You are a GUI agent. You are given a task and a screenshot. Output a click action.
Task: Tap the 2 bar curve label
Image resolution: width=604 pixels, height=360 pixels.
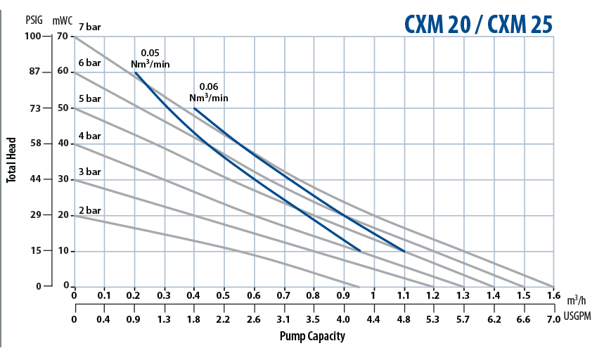(x=90, y=210)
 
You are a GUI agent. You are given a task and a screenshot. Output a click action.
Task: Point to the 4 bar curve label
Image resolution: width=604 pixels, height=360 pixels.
(x=90, y=135)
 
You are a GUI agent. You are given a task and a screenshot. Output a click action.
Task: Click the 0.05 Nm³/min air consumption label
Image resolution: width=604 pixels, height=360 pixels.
(x=150, y=58)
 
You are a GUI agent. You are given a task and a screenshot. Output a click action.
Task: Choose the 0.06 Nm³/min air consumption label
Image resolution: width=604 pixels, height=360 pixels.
(x=209, y=92)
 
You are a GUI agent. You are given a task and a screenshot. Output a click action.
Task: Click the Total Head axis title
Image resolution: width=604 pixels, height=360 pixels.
(x=11, y=159)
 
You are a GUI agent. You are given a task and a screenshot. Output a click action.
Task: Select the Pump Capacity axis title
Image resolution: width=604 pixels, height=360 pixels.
(x=312, y=336)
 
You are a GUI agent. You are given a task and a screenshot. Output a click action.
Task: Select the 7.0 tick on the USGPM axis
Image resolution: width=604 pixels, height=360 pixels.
(x=553, y=319)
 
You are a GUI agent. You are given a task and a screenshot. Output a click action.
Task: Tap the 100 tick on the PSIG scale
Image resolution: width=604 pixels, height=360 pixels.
(x=35, y=36)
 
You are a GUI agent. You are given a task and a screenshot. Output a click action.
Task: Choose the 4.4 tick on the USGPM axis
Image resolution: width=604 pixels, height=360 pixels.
(x=373, y=319)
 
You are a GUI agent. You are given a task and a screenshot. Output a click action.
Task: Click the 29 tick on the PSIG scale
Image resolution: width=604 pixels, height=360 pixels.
(x=37, y=215)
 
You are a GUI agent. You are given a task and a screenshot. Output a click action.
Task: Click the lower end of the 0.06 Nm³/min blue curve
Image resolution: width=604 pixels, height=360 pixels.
(x=404, y=251)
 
